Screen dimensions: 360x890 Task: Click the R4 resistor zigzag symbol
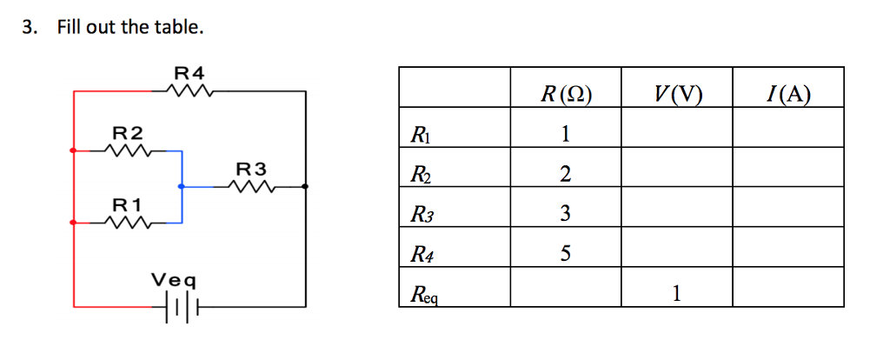(189, 90)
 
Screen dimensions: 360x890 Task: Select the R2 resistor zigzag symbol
(128, 150)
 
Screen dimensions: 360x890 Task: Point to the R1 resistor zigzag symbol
(128, 223)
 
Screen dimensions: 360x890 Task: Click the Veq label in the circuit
(174, 281)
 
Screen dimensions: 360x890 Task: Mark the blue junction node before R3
(181, 186)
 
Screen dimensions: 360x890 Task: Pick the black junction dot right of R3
(304, 186)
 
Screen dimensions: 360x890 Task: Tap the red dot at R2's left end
(73, 150)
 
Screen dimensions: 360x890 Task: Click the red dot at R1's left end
(73, 223)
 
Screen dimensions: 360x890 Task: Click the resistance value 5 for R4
(565, 254)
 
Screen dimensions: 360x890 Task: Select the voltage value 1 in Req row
(676, 294)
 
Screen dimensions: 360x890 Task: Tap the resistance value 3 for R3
(565, 214)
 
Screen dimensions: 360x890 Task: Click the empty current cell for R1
(787, 134)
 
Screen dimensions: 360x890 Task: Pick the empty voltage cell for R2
(676, 174)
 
